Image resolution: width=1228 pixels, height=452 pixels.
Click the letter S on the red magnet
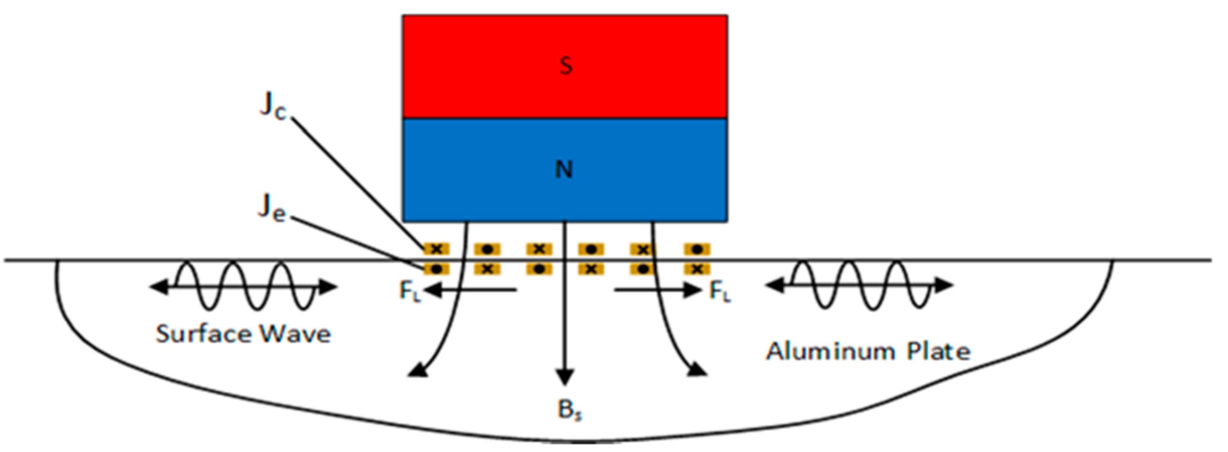[x=565, y=66]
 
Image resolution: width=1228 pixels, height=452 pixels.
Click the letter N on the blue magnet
[x=564, y=169]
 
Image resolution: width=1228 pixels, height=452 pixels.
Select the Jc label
[x=273, y=106]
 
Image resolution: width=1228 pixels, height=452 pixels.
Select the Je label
[x=272, y=208]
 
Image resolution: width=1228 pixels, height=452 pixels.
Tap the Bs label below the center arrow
[x=569, y=410]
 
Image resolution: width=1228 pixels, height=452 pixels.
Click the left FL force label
[x=409, y=291]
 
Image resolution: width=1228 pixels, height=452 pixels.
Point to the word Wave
[x=295, y=334]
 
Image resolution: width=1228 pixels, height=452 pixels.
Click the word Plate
[x=938, y=351]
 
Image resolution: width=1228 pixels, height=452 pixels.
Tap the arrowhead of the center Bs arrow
[x=565, y=377]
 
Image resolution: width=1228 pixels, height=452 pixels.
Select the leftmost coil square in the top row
[x=436, y=250]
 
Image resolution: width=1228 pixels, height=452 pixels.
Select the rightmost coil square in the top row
[x=697, y=250]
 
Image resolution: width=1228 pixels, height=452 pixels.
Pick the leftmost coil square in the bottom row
[x=436, y=269]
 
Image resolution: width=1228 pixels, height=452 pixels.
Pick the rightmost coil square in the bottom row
[x=697, y=269]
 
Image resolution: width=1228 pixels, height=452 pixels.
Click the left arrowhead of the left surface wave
[x=158, y=288]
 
